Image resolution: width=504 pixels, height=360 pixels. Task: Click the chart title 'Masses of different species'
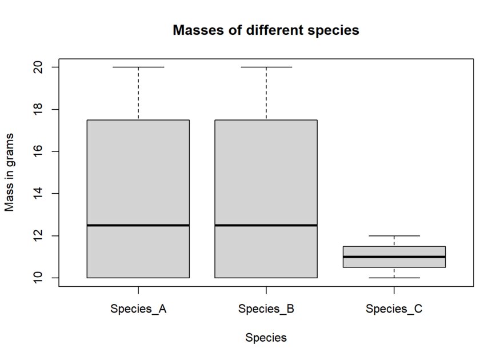(266, 30)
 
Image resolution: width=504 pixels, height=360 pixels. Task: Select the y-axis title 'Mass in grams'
(10, 172)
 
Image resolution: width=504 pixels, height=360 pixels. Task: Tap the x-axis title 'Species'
(266, 338)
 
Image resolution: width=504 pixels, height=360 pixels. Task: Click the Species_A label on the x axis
(138, 310)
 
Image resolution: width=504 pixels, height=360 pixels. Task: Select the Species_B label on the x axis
(266, 310)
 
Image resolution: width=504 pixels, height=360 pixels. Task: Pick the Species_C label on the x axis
(394, 310)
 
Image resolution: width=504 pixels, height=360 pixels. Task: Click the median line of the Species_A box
(138, 225)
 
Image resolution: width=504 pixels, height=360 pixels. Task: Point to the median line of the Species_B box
(266, 225)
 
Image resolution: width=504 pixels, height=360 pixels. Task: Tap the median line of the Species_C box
(394, 257)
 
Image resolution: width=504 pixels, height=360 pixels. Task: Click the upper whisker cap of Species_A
(138, 67)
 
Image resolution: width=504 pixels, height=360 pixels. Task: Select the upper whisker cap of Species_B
(266, 67)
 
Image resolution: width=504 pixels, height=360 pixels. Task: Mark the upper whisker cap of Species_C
(394, 235)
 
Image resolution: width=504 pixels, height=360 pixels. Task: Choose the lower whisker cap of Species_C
(394, 278)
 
